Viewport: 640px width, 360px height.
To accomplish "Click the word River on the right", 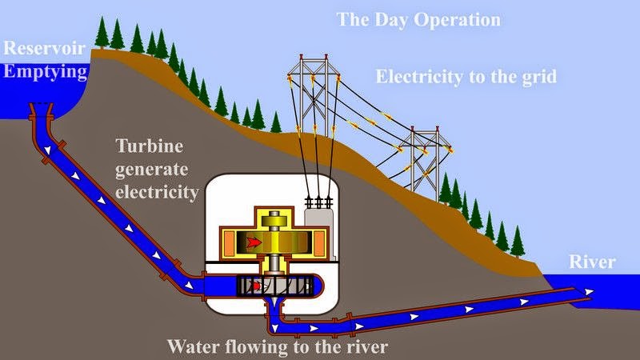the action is click(592, 262).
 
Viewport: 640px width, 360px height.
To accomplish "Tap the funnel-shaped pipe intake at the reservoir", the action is click(41, 109).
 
